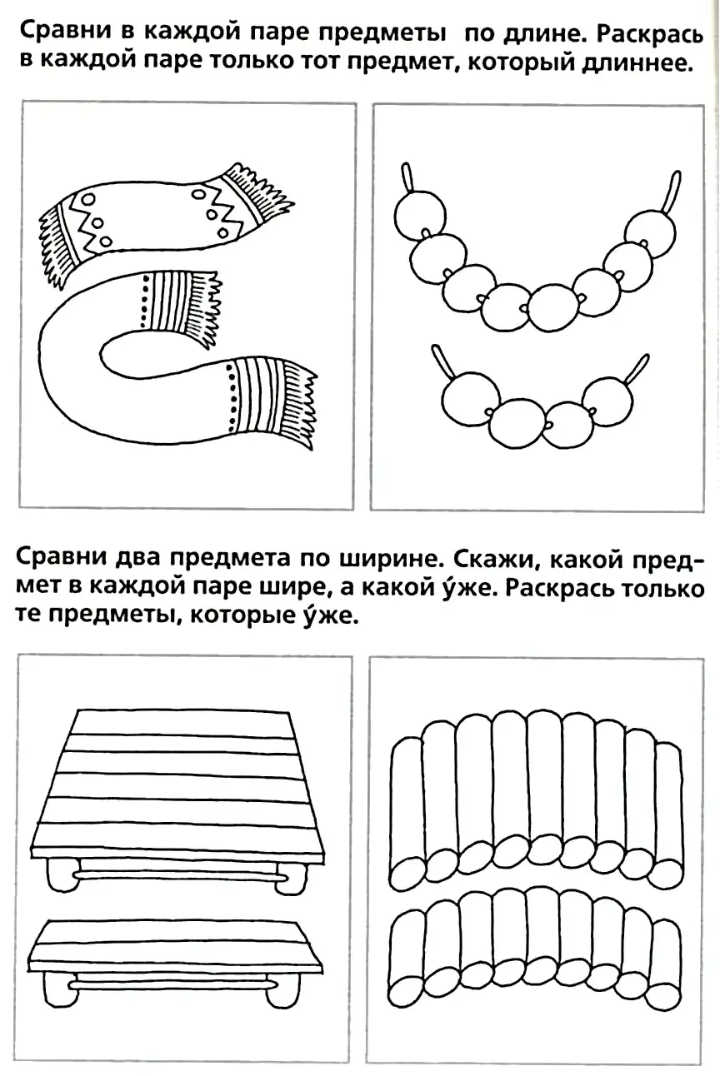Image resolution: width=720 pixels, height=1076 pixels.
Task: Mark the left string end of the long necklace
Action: point(407,177)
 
